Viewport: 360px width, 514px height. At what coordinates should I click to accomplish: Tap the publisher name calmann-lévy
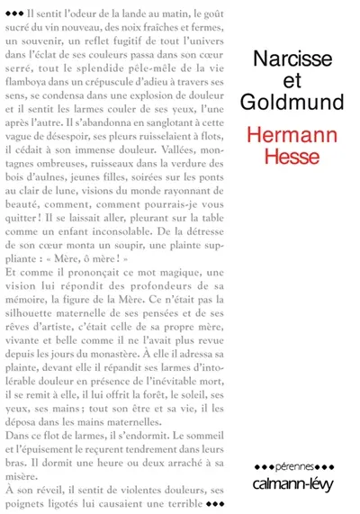[297, 481]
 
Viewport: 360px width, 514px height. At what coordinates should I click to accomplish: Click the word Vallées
[181, 179]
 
